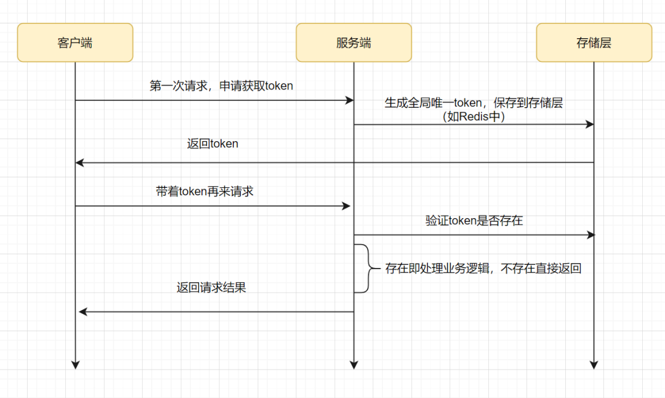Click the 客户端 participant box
click(75, 43)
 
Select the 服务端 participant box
click(353, 43)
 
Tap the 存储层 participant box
click(594, 43)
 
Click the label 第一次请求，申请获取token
click(221, 86)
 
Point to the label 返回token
click(212, 144)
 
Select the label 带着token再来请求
click(204, 191)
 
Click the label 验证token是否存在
click(474, 220)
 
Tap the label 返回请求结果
click(211, 287)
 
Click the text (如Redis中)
click(474, 116)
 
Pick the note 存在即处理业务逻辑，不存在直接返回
click(483, 269)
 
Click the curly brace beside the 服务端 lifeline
click(366, 269)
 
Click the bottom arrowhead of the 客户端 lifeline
click(75, 364)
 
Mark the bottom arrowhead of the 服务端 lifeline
click(353, 364)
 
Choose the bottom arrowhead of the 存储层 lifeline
click(594, 364)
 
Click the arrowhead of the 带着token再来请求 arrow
click(347, 206)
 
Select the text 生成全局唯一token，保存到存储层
click(474, 103)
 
